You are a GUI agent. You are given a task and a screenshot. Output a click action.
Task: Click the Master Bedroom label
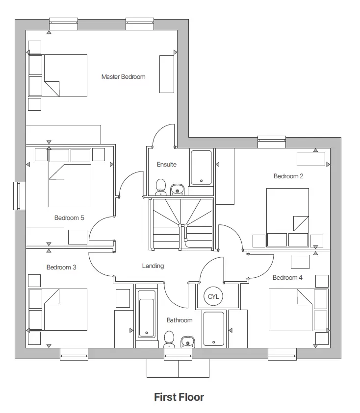[x=123, y=76]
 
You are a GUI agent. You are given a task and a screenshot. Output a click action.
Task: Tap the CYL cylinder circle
[x=213, y=296]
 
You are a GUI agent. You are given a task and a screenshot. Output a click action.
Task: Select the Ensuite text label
[x=166, y=164]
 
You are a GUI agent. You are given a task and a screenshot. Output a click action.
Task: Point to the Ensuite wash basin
[x=177, y=189]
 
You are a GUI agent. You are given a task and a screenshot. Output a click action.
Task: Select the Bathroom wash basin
[x=186, y=341]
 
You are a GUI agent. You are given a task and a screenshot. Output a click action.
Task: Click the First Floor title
[x=179, y=397]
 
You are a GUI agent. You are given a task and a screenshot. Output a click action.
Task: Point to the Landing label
[x=153, y=266]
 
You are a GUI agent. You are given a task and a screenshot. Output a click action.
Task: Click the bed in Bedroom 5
[x=70, y=185]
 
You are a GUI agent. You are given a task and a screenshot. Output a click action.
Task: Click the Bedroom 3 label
[x=61, y=267]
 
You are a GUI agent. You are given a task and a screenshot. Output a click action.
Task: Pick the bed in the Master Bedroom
[x=65, y=75]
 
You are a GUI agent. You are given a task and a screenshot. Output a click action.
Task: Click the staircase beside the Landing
[x=181, y=223]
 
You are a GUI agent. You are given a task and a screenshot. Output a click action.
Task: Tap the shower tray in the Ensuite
[x=201, y=168]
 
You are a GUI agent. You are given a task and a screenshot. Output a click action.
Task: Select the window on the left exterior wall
[x=19, y=196]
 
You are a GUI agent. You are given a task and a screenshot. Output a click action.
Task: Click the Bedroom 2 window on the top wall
[x=271, y=141]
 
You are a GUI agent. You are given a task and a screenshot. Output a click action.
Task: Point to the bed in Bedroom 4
[x=291, y=310]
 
